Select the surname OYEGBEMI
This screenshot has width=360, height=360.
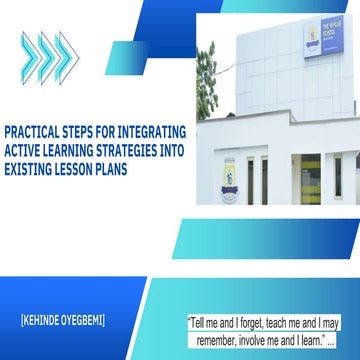[x=100, y=293]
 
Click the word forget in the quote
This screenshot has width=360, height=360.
[x=259, y=296]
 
